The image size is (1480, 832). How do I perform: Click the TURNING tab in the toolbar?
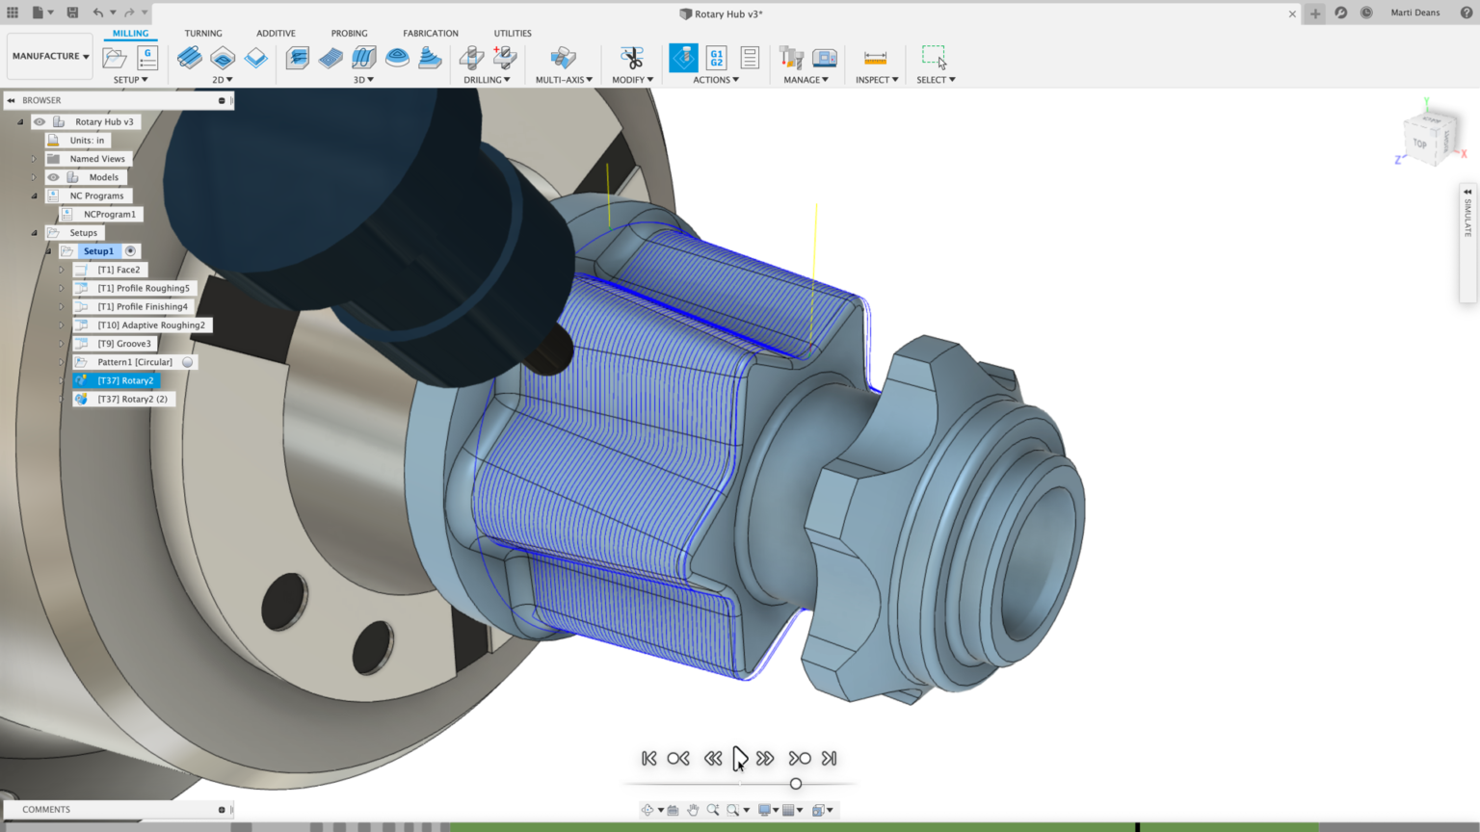(203, 33)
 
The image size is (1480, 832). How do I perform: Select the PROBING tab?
(349, 33)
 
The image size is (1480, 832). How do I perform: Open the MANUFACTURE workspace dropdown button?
(50, 56)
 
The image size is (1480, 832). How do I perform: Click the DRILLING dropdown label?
(487, 80)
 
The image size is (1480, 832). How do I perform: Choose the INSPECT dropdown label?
(876, 80)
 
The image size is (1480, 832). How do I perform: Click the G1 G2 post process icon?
(716, 58)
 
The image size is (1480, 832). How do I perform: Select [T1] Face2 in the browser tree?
(119, 270)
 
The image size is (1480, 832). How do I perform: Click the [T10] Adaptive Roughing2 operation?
(150, 325)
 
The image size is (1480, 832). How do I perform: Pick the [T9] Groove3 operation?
(124, 344)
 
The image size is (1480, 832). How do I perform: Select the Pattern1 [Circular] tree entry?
(135, 362)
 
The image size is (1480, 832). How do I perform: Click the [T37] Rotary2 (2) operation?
(132, 399)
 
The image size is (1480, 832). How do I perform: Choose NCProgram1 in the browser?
(109, 214)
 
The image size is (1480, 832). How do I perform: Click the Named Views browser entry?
(97, 159)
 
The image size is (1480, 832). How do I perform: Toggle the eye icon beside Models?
(54, 177)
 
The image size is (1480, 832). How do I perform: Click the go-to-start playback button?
(648, 759)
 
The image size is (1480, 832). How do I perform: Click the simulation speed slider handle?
(796, 784)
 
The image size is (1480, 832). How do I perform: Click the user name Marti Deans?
(1414, 13)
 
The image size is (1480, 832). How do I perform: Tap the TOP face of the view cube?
(1419, 143)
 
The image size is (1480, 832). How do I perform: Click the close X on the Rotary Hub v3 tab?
(1292, 13)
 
